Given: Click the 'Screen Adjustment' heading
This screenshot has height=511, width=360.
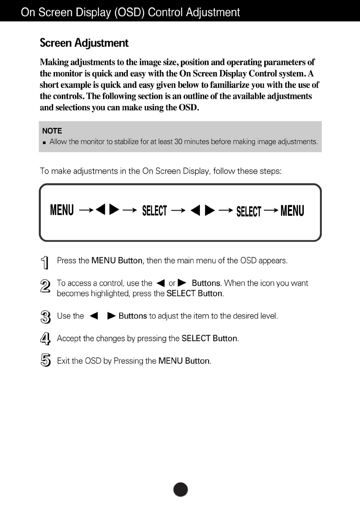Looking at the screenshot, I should pos(84,43).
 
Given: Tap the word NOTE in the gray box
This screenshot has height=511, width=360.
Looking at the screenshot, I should pos(51,131).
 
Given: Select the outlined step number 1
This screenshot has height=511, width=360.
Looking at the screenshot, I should pos(45,263).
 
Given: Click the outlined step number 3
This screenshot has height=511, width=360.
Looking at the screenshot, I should pos(45,317).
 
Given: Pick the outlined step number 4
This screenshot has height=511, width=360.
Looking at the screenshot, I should pos(45,339).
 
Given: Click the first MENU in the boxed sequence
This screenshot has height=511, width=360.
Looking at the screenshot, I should pos(62,210).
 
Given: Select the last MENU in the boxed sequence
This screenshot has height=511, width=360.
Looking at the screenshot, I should pos(292,211).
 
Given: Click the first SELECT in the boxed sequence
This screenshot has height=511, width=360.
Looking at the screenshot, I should pos(154,211).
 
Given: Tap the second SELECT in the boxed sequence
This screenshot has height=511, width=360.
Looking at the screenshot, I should pos(248,212).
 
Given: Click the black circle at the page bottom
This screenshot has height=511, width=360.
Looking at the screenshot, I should pos(181,489).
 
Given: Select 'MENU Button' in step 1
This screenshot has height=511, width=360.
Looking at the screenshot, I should pos(117,261).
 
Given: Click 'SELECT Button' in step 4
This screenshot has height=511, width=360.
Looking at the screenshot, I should pos(209,339).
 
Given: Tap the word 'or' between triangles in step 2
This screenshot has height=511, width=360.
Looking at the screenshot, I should pos(172,283).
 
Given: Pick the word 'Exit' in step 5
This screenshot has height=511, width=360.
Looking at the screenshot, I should pos(64,361).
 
